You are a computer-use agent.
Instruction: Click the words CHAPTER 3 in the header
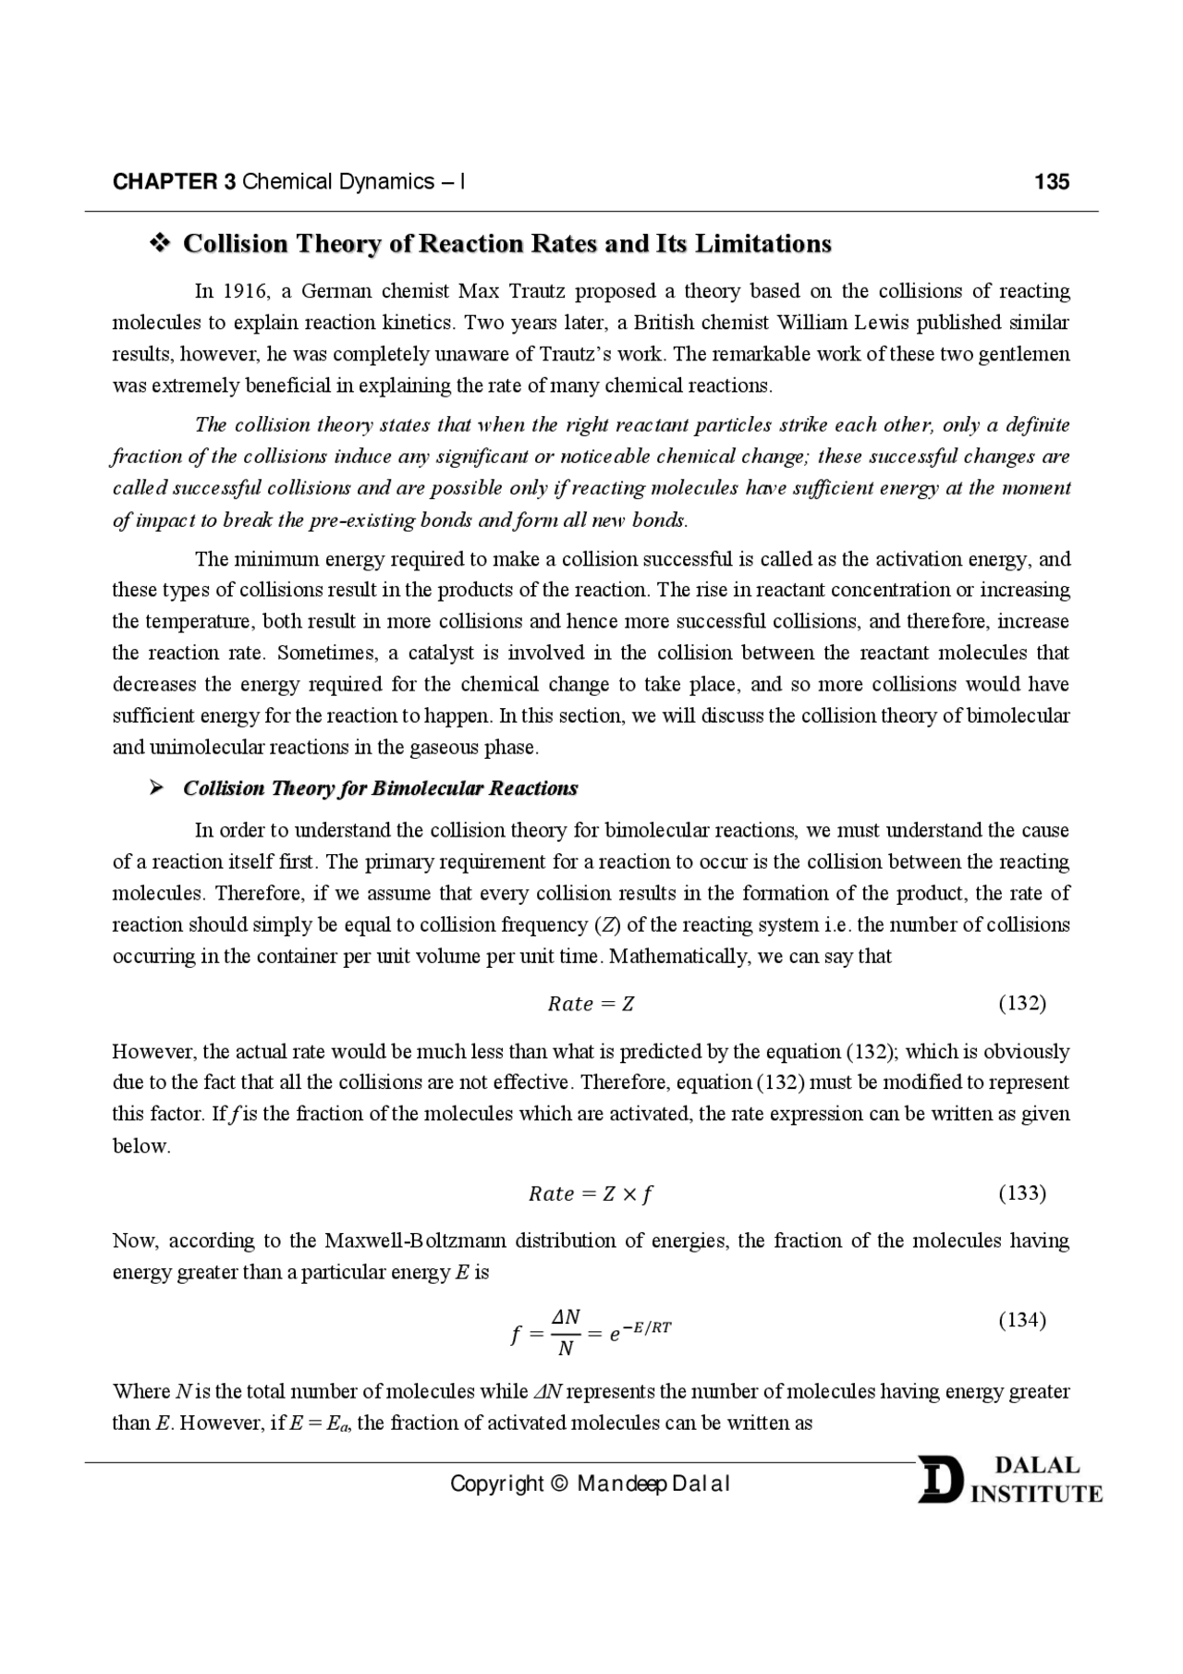[x=174, y=181]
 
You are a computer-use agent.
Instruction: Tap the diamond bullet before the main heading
[x=159, y=244]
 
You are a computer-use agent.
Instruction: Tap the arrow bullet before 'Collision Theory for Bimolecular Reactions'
[x=157, y=788]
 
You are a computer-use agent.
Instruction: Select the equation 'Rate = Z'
[x=591, y=1004]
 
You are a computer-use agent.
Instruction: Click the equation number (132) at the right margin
[x=1022, y=1004]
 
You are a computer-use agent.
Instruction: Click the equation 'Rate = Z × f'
[x=591, y=1193]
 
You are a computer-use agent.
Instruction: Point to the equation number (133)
[x=1022, y=1193]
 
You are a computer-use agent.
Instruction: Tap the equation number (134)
[x=1022, y=1320]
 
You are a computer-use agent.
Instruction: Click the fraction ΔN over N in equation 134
[x=566, y=1332]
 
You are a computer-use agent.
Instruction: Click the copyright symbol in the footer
[x=559, y=1485]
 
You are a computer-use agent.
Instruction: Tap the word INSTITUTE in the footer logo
[x=1036, y=1495]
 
